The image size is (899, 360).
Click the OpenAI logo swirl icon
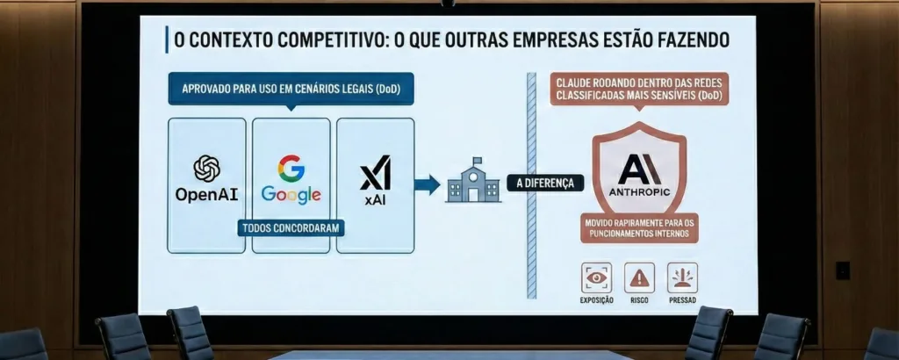[x=207, y=168]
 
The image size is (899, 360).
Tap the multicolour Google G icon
[x=291, y=168]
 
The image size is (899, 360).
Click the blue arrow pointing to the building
[x=427, y=184]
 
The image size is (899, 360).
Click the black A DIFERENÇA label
[x=544, y=184]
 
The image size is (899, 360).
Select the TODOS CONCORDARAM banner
[x=291, y=227]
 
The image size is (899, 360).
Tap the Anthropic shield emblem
[x=640, y=172]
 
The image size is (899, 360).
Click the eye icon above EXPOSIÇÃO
[x=595, y=277]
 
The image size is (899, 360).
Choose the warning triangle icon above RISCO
[x=639, y=277]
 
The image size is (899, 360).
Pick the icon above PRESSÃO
[x=682, y=277]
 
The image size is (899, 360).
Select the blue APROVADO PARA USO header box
[x=291, y=89]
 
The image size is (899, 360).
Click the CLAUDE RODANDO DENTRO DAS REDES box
[x=639, y=90]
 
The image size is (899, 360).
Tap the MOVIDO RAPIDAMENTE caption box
[x=640, y=228]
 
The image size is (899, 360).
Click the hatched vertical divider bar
[x=530, y=184]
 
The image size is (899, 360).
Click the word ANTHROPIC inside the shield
[x=639, y=190]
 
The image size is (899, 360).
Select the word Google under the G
[x=291, y=195]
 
